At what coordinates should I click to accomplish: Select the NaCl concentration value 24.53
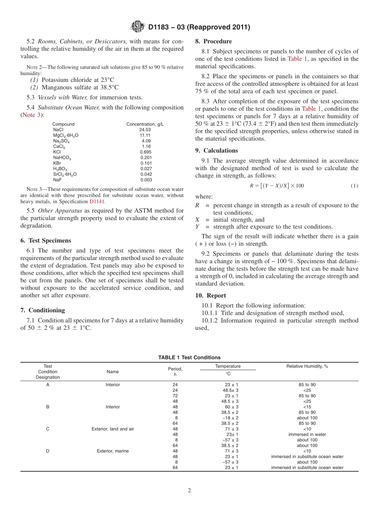pos(145,130)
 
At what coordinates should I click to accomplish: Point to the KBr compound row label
pos(57,163)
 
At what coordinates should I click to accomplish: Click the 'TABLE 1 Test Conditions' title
pos(189,357)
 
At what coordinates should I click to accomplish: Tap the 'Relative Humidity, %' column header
pos(307,366)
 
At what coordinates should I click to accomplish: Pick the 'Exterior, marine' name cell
pos(113,451)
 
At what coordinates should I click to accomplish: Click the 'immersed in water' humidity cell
pos(307,435)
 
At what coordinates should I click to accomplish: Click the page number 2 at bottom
pos(189,491)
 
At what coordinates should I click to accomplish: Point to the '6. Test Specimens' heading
pos(46,241)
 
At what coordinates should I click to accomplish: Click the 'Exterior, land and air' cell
pos(113,429)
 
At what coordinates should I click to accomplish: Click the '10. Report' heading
pos(211,296)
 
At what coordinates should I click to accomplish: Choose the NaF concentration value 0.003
pos(146,180)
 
